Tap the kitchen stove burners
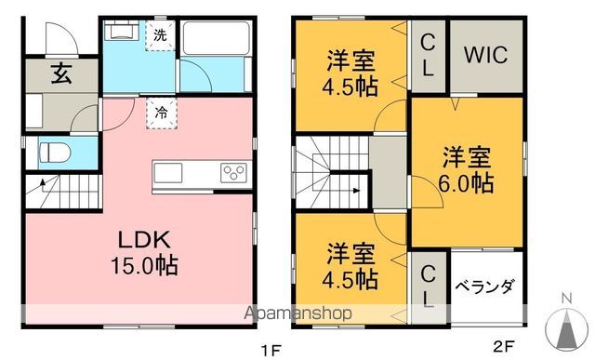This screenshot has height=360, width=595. tap(232, 173)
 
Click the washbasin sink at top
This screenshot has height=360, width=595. tap(120, 31)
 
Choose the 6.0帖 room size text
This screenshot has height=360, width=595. tap(468, 182)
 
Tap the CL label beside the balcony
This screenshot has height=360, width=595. tap(429, 286)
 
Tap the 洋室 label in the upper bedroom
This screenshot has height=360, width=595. tap(350, 63)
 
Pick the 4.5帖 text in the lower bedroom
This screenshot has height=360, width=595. tap(351, 277)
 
